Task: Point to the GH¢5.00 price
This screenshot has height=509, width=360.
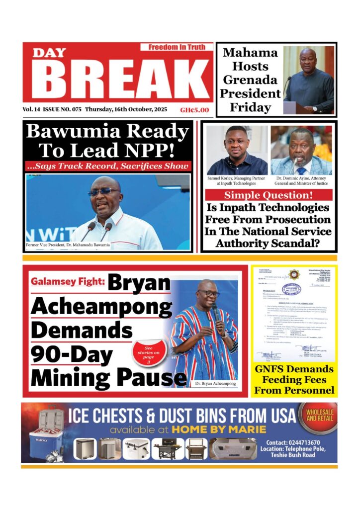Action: [x=194, y=110]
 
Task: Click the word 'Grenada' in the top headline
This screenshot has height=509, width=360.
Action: [x=250, y=80]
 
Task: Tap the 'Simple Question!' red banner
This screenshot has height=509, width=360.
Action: [x=269, y=195]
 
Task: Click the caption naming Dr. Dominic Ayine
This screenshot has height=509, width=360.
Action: [x=301, y=180]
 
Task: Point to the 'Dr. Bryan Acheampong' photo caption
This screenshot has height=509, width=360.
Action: [x=214, y=384]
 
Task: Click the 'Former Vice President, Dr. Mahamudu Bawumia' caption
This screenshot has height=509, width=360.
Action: [x=68, y=246]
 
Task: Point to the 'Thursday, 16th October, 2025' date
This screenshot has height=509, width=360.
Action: [x=126, y=110]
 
